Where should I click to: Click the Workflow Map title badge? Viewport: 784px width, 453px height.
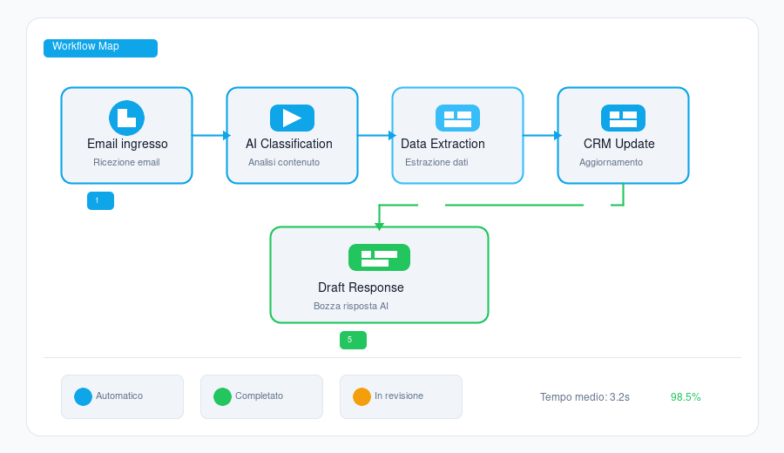100,48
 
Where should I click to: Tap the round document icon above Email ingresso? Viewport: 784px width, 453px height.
127,118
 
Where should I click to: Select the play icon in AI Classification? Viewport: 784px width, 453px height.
292,118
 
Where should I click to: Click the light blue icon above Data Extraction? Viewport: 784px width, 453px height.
457,118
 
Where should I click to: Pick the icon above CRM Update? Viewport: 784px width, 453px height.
623,118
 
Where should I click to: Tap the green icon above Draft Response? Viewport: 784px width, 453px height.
379,258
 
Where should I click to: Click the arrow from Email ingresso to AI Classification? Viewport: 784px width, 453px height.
212,135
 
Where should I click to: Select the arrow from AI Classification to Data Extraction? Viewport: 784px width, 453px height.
377,135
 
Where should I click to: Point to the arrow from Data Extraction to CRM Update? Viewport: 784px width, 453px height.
543,135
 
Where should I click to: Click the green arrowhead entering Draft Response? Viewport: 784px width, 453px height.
379,226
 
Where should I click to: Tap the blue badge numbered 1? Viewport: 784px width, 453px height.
100,201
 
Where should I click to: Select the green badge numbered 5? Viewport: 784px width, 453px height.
353,340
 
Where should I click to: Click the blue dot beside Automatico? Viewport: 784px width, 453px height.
83,396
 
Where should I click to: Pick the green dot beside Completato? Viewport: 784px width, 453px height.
222,396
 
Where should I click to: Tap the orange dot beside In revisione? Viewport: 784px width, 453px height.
362,396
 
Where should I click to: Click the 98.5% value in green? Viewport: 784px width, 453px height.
686,397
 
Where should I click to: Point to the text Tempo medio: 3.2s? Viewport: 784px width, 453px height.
585,397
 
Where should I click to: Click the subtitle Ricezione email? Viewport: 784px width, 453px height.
126,162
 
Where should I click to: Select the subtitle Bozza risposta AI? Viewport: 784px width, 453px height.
351,306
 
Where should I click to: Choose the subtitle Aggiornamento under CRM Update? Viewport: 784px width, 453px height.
611,162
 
